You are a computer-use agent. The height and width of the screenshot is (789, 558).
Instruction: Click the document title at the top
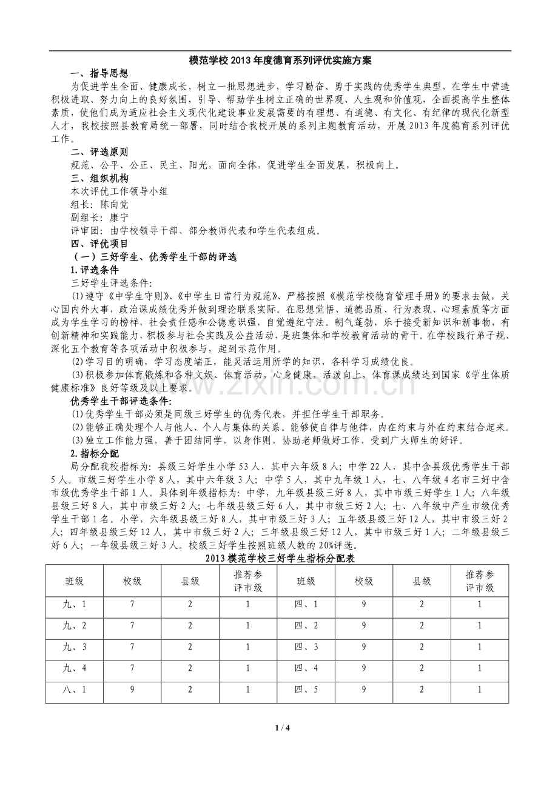[280, 61]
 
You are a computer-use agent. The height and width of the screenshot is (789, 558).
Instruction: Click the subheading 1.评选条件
[95, 270]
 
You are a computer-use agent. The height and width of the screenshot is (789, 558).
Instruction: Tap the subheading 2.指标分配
[95, 453]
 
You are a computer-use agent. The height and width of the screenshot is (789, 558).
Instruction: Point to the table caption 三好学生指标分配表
[280, 558]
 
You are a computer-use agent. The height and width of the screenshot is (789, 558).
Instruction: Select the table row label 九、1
[74, 604]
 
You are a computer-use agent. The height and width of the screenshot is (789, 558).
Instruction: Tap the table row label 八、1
[74, 690]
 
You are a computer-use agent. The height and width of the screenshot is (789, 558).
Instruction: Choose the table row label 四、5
[306, 690]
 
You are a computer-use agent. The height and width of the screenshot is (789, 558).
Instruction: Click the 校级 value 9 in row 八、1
[132, 690]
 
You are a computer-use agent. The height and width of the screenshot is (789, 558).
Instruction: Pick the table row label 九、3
[74, 647]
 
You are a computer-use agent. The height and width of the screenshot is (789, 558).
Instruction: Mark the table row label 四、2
[306, 625]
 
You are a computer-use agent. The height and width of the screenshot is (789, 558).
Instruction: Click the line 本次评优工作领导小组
[119, 191]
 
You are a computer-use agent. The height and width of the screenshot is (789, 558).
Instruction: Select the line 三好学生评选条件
[112, 283]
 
